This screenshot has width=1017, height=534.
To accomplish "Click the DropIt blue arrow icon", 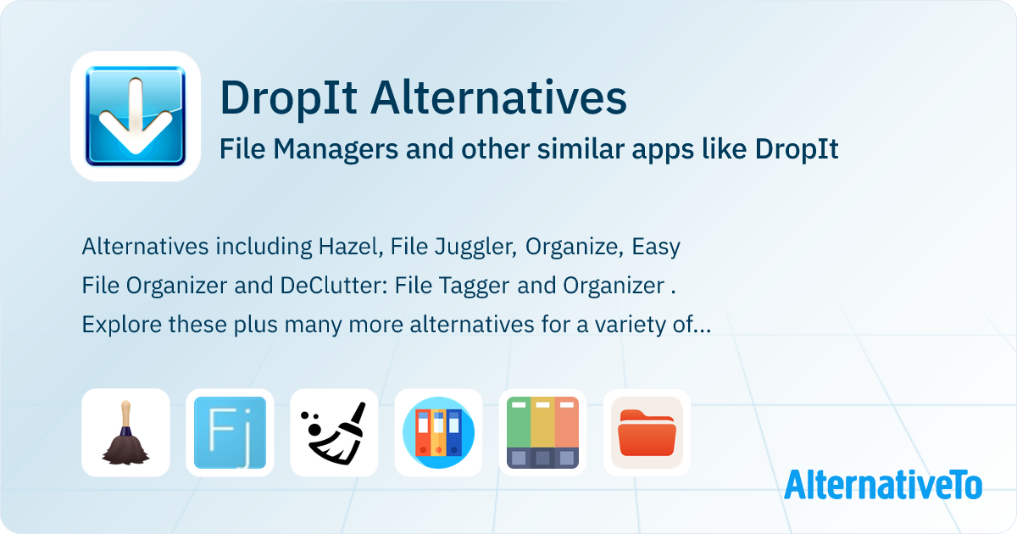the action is click(136, 116).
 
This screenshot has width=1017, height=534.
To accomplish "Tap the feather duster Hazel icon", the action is click(125, 432).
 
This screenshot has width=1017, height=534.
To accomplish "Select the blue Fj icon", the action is click(230, 432).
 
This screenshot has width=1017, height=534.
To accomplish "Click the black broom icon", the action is click(334, 433).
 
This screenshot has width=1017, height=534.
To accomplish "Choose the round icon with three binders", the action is click(439, 432).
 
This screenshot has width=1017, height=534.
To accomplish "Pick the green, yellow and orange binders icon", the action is click(542, 432).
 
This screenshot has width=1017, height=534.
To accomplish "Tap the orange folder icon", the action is click(647, 432).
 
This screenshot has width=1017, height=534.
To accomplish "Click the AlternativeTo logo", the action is click(883, 485).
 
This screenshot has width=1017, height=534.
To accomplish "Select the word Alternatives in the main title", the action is click(498, 97).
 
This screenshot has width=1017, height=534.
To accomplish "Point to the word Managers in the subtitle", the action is click(336, 150).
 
